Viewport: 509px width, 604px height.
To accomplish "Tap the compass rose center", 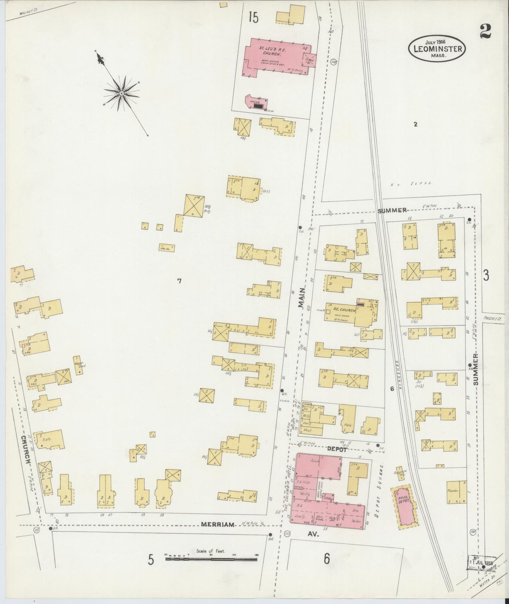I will [121, 93].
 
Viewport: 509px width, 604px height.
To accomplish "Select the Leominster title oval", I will [437, 49].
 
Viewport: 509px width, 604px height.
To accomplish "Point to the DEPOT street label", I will [337, 449].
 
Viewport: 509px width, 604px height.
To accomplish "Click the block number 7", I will [179, 281].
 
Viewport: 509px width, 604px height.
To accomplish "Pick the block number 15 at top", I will [253, 17].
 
